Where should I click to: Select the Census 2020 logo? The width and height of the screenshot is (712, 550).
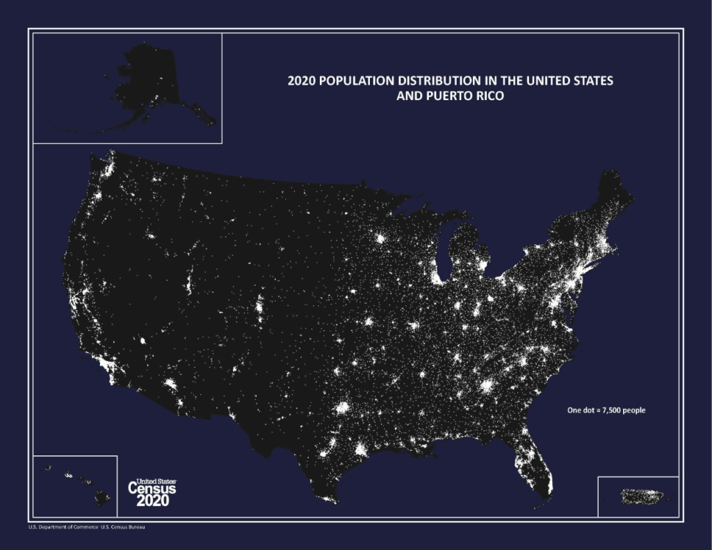click(152, 492)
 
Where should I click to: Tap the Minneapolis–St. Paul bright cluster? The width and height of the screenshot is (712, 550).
click(380, 239)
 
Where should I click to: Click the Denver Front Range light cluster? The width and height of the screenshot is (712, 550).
click(260, 306)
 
